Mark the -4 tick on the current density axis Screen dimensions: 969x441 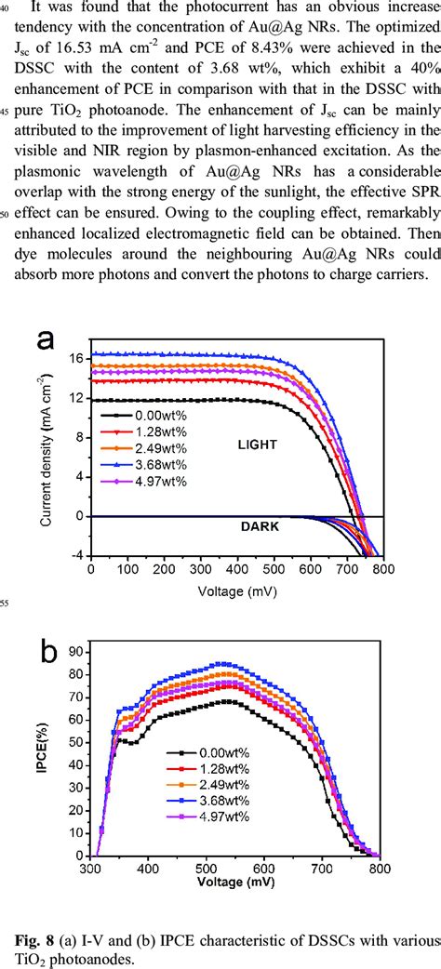[x=78, y=555]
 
